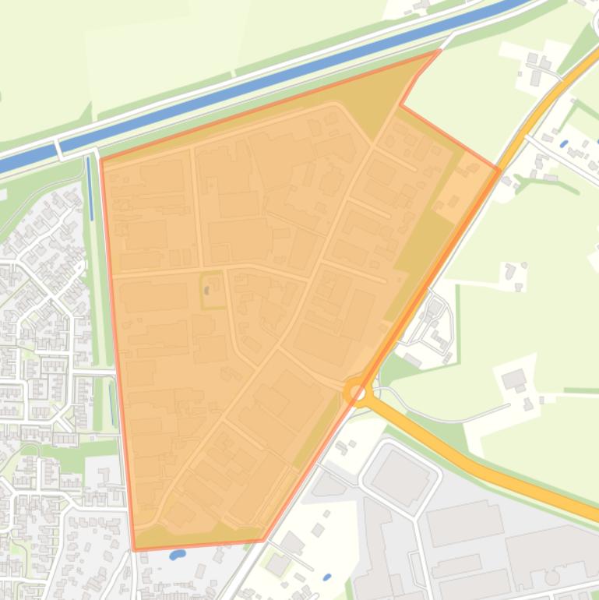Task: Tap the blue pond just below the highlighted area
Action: [x=177, y=556]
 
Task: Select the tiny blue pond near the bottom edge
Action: [x=327, y=577]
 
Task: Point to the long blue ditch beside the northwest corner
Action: [x=90, y=188]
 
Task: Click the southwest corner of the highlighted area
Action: [x=134, y=550]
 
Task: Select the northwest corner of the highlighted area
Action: [x=101, y=160]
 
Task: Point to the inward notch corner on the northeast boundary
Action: [x=401, y=104]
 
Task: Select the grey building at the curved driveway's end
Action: [x=513, y=380]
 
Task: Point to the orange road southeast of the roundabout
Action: [x=467, y=460]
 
